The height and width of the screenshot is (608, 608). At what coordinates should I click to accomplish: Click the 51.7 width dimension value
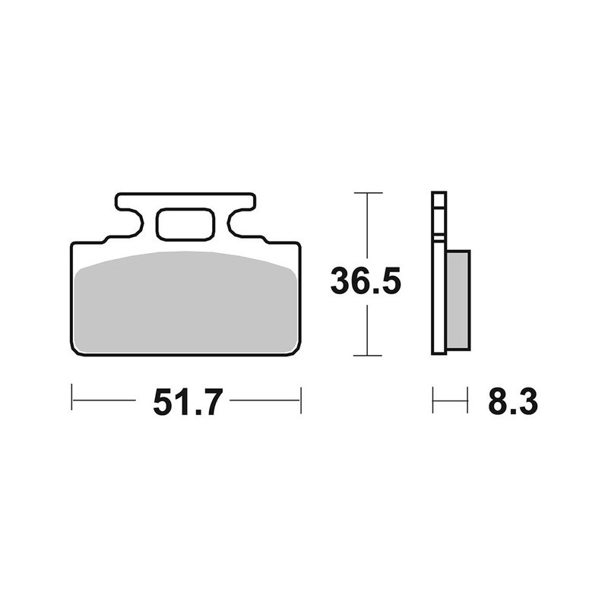coord(187,401)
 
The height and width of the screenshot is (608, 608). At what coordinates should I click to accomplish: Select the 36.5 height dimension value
coord(365,282)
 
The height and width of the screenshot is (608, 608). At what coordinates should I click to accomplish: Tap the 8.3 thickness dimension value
coord(513,401)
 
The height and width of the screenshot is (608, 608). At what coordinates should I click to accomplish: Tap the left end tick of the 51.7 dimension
coord(71,399)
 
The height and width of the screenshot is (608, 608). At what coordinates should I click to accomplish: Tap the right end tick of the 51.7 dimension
coord(301,399)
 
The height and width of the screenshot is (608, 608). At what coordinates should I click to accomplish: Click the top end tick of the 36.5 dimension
coord(368,194)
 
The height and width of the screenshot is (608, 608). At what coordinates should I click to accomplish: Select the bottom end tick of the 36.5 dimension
coord(368,355)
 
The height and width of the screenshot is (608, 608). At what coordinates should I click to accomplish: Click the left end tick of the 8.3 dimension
coord(433,399)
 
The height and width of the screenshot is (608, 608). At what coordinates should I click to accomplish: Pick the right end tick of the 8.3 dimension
coord(467,399)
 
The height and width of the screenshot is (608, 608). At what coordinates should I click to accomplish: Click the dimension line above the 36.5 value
coord(368,228)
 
